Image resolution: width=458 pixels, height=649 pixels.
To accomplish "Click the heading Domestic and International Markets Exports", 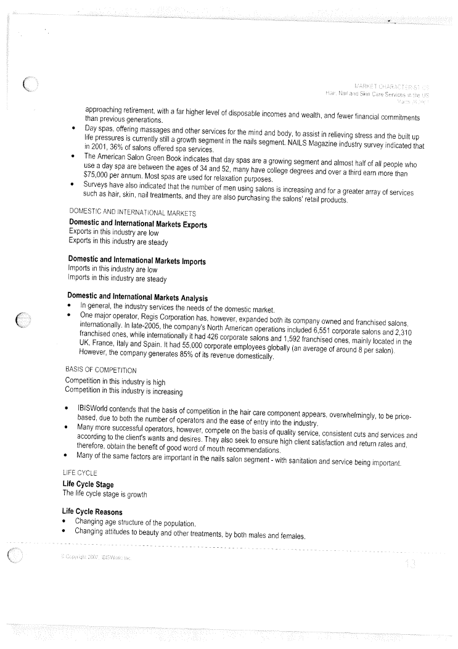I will (x=138, y=224).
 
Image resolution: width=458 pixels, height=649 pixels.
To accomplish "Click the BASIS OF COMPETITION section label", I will (x=100, y=370).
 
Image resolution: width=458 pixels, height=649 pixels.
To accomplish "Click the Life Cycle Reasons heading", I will (x=92, y=512).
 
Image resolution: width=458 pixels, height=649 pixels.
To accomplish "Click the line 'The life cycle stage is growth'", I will (x=105, y=494).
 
